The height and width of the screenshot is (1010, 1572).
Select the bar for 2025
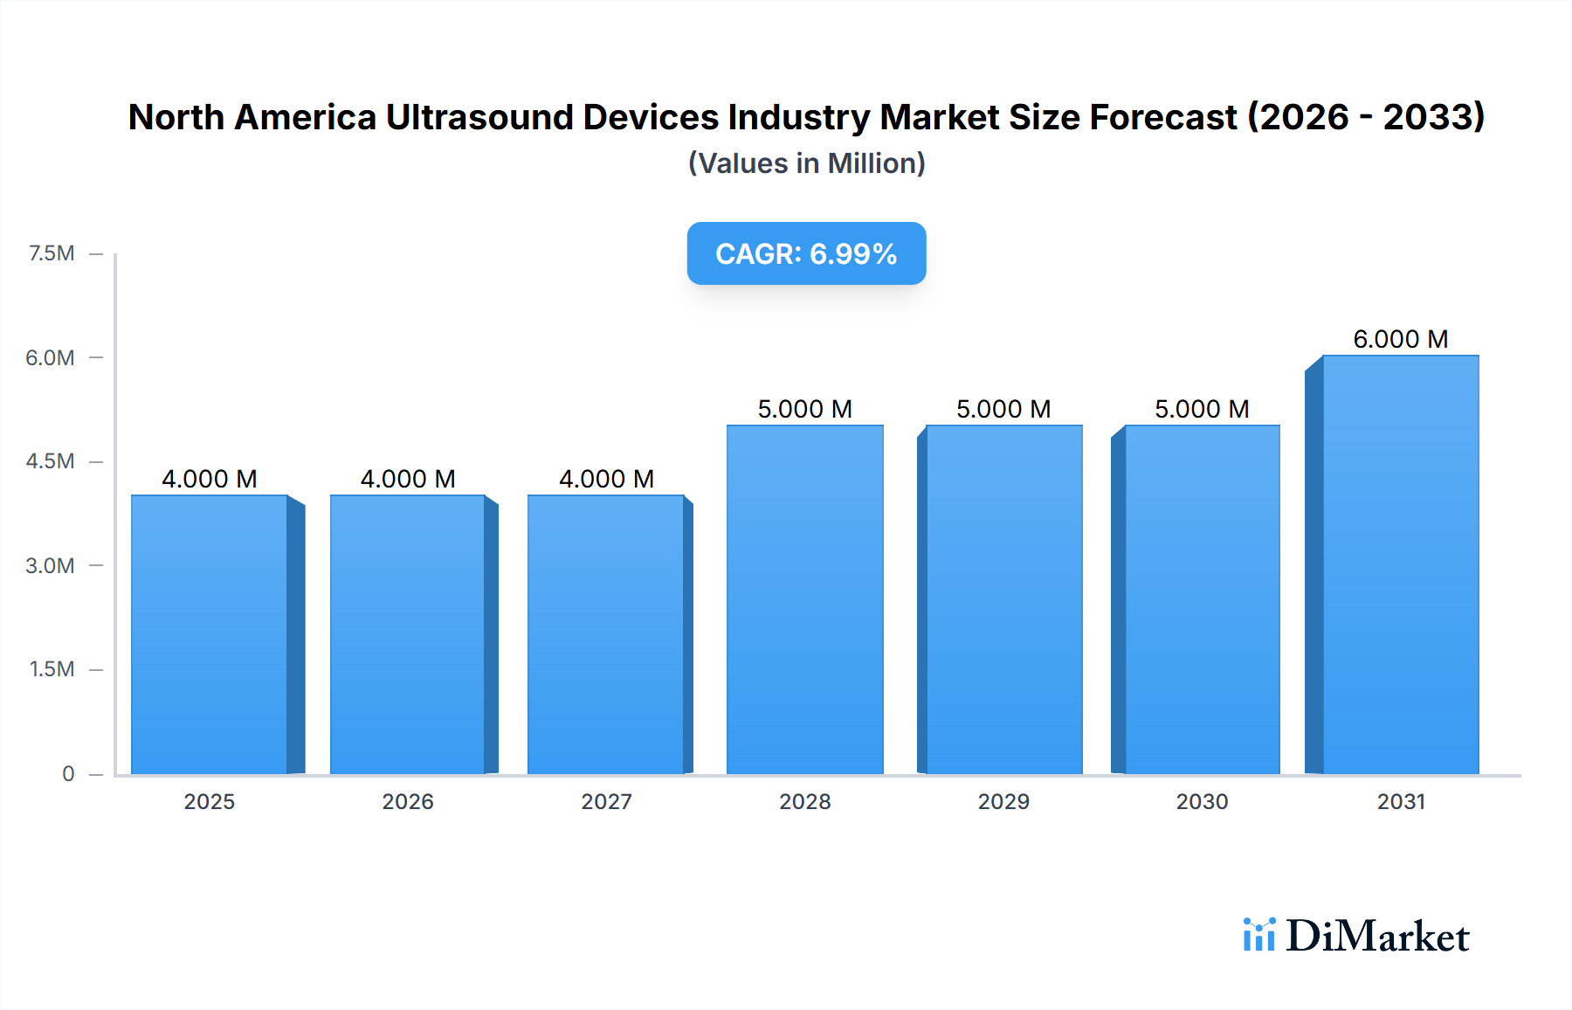(210, 634)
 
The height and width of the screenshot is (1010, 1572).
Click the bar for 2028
(804, 599)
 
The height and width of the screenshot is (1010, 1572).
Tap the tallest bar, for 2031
(1400, 564)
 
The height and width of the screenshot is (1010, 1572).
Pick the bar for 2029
(1003, 599)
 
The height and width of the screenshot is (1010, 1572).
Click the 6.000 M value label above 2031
(1400, 339)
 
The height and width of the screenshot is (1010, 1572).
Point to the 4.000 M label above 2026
(408, 479)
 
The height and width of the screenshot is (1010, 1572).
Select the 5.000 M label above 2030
(1202, 409)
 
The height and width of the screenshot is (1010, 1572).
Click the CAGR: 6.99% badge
(806, 253)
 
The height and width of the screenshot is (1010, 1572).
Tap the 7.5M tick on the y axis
(52, 253)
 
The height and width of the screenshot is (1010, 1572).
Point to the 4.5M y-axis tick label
(50, 461)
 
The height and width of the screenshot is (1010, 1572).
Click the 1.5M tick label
(52, 669)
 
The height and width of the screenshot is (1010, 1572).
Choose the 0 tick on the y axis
(68, 773)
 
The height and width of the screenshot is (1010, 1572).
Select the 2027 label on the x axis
(606, 801)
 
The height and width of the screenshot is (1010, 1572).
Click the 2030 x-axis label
(1202, 801)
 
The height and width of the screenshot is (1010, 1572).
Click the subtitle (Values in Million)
(806, 163)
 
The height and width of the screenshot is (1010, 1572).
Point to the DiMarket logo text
(1377, 937)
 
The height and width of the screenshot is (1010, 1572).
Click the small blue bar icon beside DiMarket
(1258, 935)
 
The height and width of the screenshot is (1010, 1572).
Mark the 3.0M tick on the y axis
(50, 565)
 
